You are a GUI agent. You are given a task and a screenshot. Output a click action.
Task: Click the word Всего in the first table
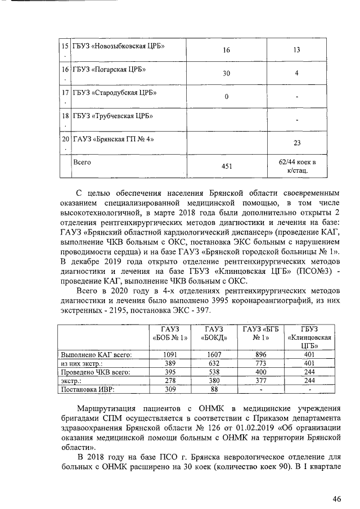(x=83, y=161)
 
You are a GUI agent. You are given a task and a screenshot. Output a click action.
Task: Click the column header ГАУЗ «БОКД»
(x=215, y=334)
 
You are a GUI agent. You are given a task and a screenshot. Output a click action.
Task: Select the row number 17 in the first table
(x=65, y=92)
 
